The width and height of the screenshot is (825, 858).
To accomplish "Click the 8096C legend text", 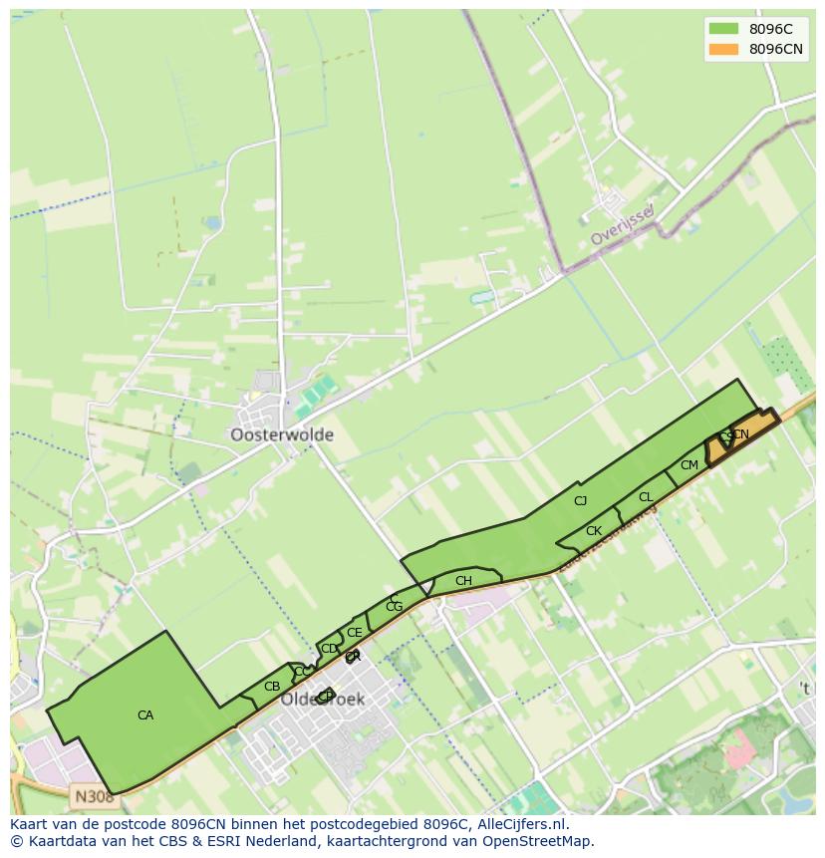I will click(x=770, y=29).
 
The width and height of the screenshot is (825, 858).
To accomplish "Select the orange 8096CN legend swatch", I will click(x=723, y=49).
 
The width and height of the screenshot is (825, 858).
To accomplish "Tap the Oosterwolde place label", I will click(x=282, y=435).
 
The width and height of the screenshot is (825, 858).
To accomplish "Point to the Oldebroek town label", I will click(x=322, y=700).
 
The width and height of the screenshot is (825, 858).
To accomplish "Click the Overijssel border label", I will click(x=621, y=226).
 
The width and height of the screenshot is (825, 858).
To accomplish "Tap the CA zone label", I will click(x=145, y=715).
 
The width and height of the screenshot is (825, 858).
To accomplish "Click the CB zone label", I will click(x=272, y=687).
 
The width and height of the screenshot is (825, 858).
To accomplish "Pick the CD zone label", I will click(x=329, y=649).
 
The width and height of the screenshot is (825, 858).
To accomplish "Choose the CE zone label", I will click(x=354, y=633).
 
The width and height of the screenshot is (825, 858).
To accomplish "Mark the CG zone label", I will click(x=394, y=607).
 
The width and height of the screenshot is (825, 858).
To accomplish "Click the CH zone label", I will click(x=463, y=581).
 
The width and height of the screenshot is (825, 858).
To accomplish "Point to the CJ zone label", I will click(x=581, y=501).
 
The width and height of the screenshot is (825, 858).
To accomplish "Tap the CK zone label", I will click(x=594, y=531).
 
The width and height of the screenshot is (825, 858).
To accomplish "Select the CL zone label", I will click(x=646, y=497).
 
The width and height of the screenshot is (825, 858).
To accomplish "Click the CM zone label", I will click(x=689, y=465).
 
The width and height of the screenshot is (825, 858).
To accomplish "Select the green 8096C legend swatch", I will click(x=723, y=29).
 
